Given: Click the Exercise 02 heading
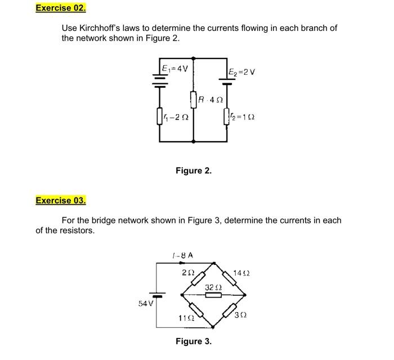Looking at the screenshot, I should tap(61, 8).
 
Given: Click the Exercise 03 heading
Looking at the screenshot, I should tap(61, 200).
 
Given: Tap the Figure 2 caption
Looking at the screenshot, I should tap(194, 170).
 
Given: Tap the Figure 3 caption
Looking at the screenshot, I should tap(194, 341).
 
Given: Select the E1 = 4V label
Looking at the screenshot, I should tap(174, 69).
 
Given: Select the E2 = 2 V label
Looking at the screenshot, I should tap(243, 71).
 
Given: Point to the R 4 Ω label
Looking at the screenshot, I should tap(211, 100).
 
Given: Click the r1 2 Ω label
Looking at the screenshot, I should tap(176, 118).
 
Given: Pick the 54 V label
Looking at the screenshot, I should tap(145, 304).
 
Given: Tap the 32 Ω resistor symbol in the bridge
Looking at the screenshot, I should tap(213, 294).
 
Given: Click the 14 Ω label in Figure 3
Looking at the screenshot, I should tap(241, 273).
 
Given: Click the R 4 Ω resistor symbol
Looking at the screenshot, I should tap(194, 100).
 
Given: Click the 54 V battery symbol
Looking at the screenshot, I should tap(158, 294).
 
